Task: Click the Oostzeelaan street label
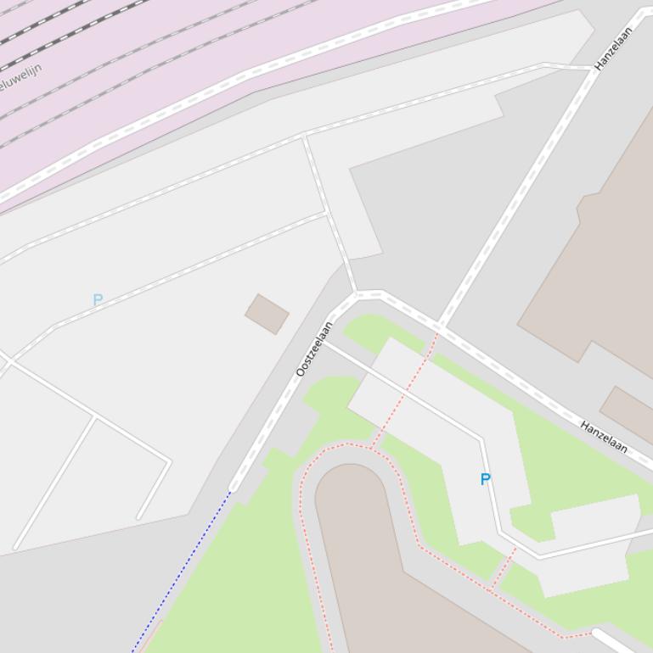(x=314, y=349)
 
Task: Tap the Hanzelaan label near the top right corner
(x=614, y=48)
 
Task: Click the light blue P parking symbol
(x=98, y=300)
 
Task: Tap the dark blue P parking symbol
(x=486, y=479)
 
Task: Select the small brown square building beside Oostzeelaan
(x=267, y=314)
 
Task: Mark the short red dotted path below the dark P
(x=504, y=567)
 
